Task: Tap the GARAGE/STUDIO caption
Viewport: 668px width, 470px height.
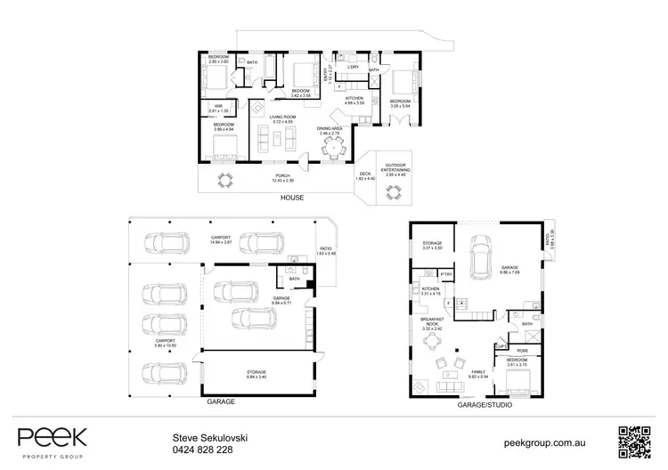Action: coord(481,402)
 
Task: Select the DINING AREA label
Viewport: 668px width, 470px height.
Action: coord(329,129)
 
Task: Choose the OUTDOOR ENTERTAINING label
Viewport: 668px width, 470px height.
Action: coord(395,168)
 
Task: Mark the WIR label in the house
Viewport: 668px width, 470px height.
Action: coord(217,106)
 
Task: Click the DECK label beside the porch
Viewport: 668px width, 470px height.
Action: coord(364,174)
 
